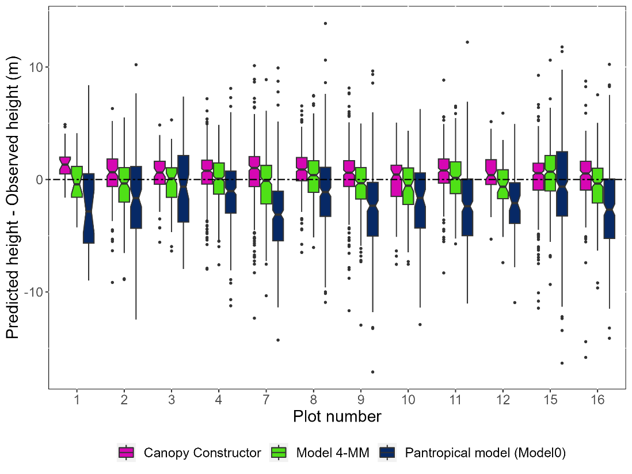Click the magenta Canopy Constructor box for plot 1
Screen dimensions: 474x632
(65, 165)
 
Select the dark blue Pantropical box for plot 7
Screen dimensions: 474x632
(278, 216)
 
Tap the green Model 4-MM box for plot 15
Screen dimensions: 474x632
(550, 173)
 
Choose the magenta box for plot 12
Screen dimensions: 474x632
(491, 172)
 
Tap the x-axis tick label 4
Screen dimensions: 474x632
(219, 399)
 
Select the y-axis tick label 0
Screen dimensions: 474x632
(41, 180)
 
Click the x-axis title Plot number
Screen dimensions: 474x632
(337, 416)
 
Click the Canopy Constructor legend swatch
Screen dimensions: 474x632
(125, 453)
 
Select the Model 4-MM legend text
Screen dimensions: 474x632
(333, 453)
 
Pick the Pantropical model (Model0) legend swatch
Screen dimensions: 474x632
(387, 453)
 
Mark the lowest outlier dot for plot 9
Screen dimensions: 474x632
(373, 372)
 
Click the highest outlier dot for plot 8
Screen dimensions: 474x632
(325, 24)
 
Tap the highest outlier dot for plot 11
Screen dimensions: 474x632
(467, 42)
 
